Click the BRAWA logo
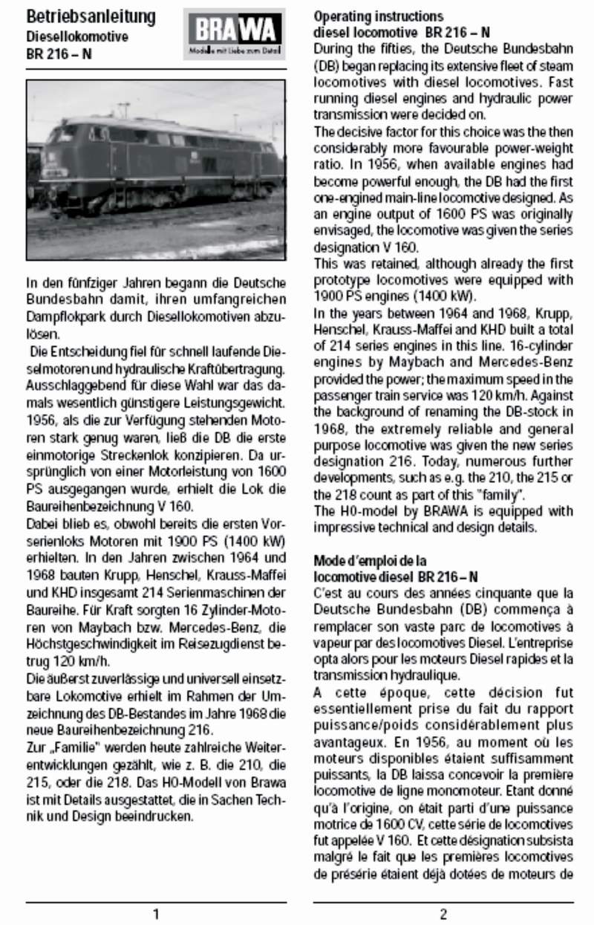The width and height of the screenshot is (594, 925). point(234,33)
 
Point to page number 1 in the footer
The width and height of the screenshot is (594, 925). point(155,913)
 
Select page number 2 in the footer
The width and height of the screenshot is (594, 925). point(443,913)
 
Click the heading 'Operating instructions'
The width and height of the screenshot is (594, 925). point(379,16)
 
